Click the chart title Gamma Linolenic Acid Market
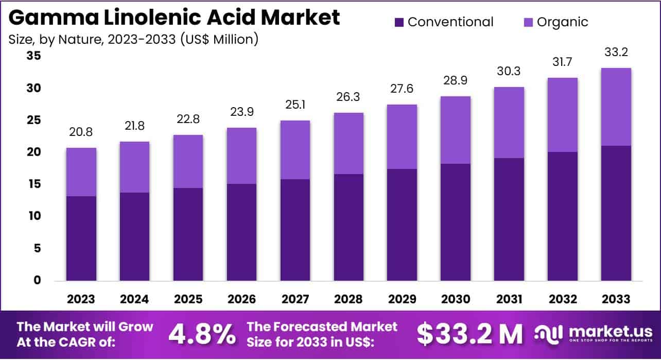175,18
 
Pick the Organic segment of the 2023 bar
81,172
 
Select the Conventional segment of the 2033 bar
616,213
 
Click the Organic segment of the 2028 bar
349,143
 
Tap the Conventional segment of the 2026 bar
242,232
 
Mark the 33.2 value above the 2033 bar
616,52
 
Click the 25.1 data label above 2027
295,105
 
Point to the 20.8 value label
81,133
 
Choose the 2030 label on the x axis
456,299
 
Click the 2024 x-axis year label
135,299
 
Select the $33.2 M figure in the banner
469,334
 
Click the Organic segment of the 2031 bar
509,123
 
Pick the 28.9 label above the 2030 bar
456,81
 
